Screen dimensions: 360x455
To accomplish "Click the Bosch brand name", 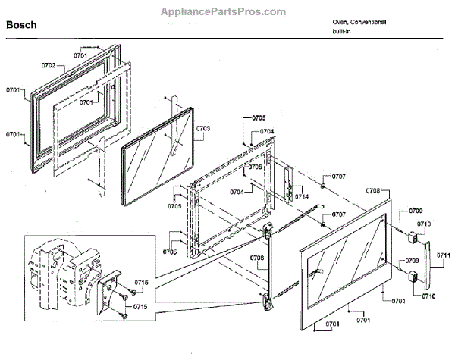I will (22, 25).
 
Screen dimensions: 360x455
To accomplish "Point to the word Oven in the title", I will (339, 22).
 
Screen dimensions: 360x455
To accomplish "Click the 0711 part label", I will (443, 255).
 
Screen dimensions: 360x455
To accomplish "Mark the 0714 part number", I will (303, 196).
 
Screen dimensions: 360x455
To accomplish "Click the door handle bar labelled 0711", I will (426, 261).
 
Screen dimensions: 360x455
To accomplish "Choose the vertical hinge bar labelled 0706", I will (267, 265).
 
